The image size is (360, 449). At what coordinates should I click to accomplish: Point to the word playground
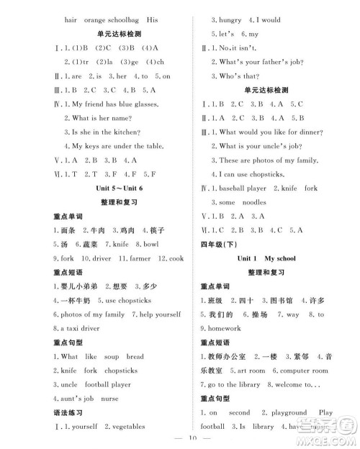click(x=288, y=412)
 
